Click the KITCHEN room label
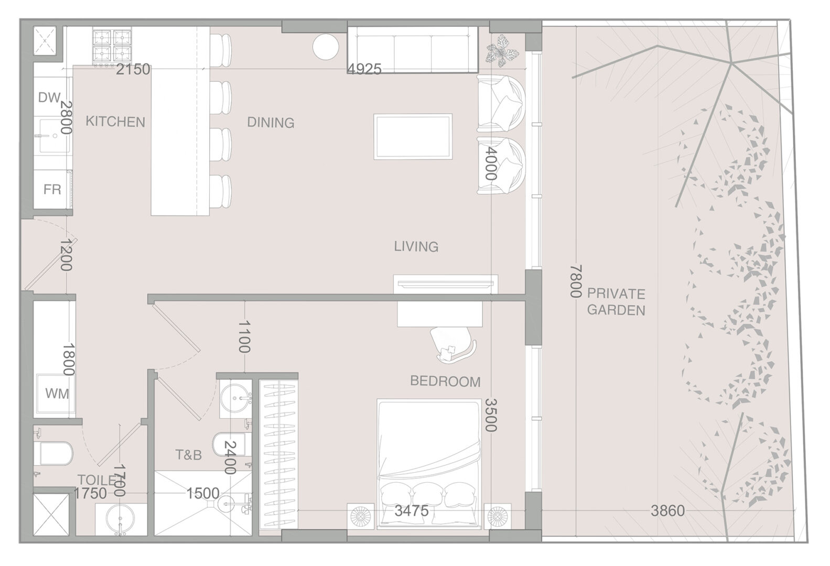point(115,122)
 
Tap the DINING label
point(271,122)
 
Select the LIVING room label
point(416,246)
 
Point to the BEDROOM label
point(445,381)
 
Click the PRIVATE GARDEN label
point(616,302)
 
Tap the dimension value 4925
point(364,69)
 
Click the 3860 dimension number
point(667,511)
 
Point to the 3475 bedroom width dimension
point(411,511)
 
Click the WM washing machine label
point(57,394)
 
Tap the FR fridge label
point(52,189)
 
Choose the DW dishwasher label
point(49,97)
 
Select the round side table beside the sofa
point(326,47)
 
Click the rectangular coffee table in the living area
point(413,137)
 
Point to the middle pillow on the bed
point(428,495)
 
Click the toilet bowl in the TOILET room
point(53,453)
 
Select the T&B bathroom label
point(189,455)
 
